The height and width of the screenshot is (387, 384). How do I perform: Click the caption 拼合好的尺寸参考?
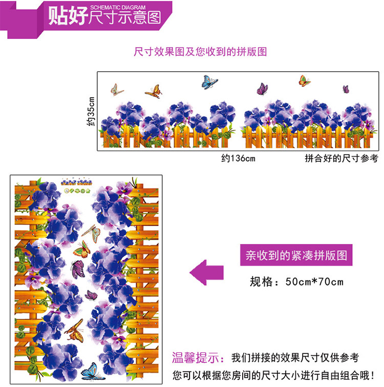340,159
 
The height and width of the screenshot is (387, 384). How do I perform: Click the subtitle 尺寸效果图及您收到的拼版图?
200,52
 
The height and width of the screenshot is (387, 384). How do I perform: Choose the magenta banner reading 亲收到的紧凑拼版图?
296,255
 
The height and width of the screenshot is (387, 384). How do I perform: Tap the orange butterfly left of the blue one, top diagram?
154,92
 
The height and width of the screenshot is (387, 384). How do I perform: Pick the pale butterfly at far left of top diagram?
117,90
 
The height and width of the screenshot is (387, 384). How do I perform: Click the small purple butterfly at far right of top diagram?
346,89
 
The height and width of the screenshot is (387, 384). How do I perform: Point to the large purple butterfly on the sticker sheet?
77,268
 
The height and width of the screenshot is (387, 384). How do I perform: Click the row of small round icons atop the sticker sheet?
77,190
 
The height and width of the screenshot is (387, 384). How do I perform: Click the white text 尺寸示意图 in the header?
124,18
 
